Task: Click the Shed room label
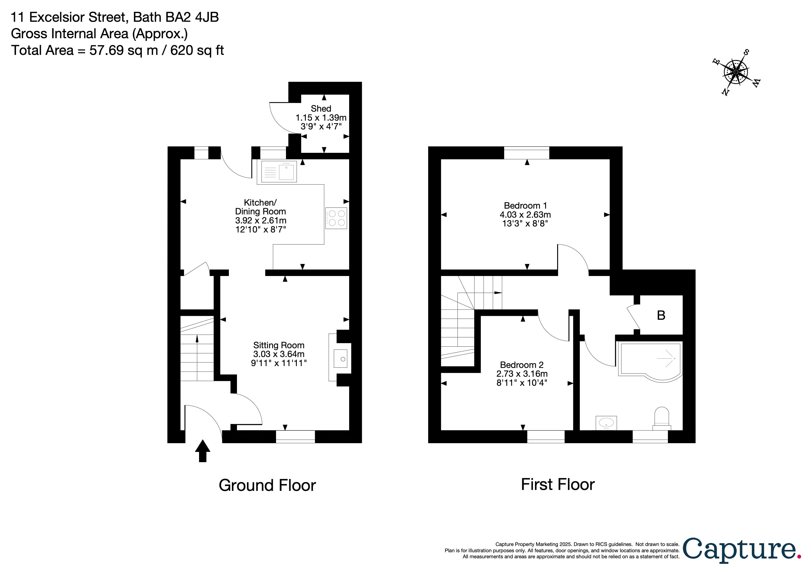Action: (x=321, y=109)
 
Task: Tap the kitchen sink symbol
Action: (x=279, y=172)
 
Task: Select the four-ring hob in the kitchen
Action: (x=336, y=218)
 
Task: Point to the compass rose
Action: (x=736, y=72)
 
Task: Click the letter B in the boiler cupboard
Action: (x=661, y=315)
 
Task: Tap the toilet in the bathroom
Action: (x=662, y=419)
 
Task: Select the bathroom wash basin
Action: (x=606, y=422)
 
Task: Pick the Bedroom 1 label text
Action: (x=525, y=205)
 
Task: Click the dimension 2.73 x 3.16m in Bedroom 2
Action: (x=522, y=374)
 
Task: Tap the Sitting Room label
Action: (x=279, y=345)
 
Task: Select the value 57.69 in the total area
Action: (x=106, y=50)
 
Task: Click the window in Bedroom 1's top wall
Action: (x=526, y=153)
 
